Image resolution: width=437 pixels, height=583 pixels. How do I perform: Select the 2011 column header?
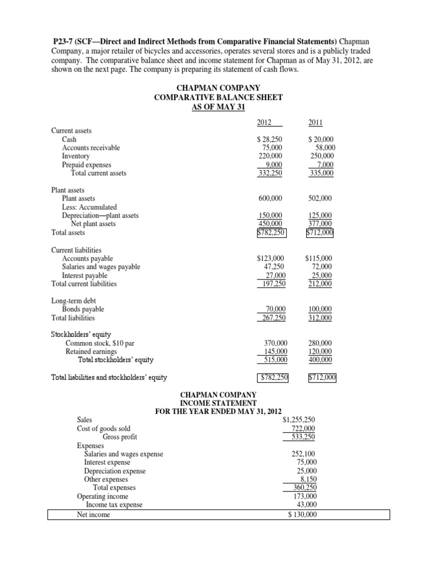316,121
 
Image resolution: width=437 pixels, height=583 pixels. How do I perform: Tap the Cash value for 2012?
270,139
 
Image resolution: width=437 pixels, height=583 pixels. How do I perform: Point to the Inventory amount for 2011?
321,156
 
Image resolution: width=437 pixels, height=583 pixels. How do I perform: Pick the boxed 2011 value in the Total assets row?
320,232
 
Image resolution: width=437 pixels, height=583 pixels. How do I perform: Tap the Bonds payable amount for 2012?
273,309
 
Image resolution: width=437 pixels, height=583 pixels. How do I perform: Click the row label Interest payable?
84,275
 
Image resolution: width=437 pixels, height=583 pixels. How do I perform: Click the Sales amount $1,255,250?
299,419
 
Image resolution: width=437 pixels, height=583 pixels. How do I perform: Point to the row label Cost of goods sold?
104,428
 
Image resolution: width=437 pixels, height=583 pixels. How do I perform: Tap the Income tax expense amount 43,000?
306,504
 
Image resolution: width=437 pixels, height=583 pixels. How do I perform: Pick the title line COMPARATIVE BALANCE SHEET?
218,97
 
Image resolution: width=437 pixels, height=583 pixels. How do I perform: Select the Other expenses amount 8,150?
308,479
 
